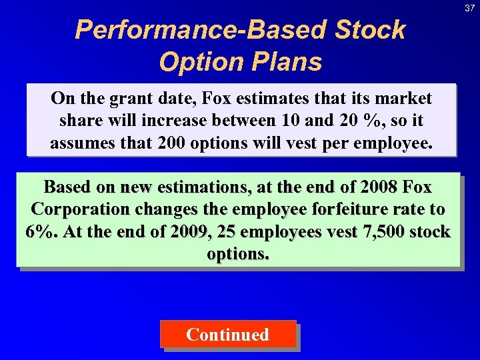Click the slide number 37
tap(470, 7)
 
